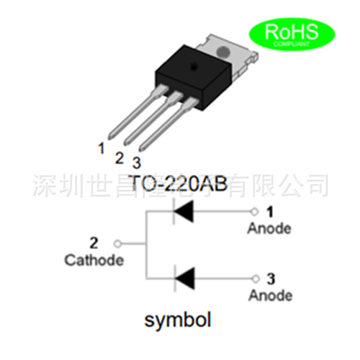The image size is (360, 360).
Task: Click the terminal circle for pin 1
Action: click(253, 212)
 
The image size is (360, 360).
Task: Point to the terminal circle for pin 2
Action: click(120, 244)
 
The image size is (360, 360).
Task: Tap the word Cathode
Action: click(94, 260)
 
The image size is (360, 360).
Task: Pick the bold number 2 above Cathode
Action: click(94, 243)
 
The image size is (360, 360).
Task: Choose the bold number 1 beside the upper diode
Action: click(270, 212)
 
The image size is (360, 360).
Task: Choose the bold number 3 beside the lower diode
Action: click(270, 278)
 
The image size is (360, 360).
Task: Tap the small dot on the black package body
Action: click(193, 66)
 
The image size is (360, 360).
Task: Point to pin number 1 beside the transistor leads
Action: click(102, 148)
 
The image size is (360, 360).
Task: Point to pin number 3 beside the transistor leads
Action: click(137, 163)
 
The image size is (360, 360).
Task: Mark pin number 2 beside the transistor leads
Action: click(120, 156)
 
